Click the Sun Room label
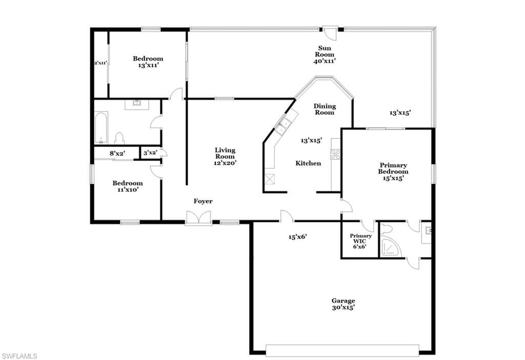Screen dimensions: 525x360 (x=325, y=51)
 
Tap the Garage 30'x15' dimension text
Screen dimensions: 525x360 (x=343, y=307)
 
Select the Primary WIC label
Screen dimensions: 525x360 (x=360, y=238)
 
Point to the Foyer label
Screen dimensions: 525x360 (x=203, y=201)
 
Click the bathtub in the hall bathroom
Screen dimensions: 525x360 (x=101, y=128)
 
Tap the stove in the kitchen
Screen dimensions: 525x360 (x=335, y=154)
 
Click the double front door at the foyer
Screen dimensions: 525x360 (x=198, y=217)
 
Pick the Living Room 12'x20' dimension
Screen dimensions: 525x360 (x=225, y=163)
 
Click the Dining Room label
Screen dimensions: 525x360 (x=325, y=109)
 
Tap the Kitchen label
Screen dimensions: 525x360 (x=308, y=163)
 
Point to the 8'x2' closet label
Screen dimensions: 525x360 (x=117, y=153)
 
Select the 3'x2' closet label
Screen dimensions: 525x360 (x=150, y=153)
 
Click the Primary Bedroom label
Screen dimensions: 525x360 (x=393, y=168)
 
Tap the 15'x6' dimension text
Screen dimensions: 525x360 (x=298, y=237)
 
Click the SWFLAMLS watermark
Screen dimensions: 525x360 (x=19, y=356)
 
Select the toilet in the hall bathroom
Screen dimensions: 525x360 (x=119, y=138)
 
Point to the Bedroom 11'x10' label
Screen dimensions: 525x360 (x=128, y=186)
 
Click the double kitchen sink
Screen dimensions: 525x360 (x=283, y=125)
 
